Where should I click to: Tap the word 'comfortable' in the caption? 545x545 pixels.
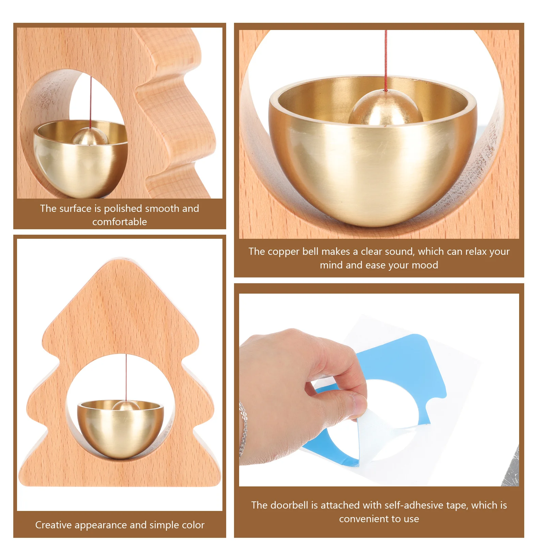(x=120, y=222)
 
